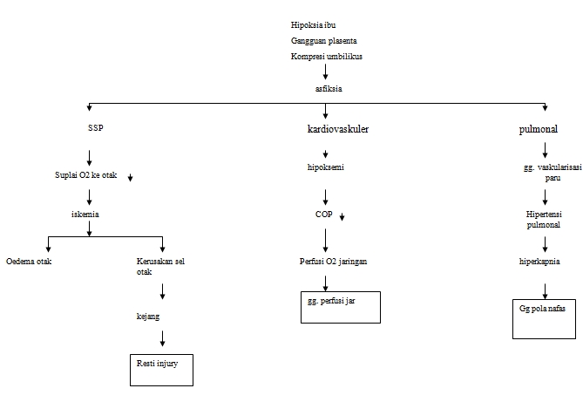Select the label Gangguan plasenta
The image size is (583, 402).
(323, 41)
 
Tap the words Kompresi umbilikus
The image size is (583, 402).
(326, 57)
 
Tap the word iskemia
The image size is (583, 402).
(86, 212)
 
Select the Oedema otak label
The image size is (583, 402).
(29, 261)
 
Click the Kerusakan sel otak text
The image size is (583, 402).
(161, 266)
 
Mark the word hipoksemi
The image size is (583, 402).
(325, 168)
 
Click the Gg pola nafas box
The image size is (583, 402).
(543, 319)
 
